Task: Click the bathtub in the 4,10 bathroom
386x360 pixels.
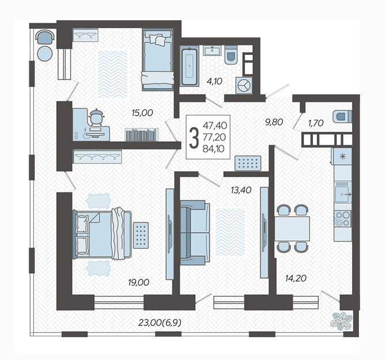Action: [190, 66]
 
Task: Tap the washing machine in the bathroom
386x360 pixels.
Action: [244, 86]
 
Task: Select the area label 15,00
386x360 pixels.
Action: [142, 113]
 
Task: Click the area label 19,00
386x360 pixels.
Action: [139, 282]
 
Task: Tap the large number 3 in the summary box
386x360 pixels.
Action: [194, 138]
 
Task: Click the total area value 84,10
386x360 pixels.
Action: [213, 149]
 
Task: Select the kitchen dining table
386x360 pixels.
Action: [292, 229]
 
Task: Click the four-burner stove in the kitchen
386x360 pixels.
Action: [342, 218]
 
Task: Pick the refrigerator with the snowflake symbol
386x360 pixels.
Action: [342, 156]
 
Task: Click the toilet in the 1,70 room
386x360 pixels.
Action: [342, 116]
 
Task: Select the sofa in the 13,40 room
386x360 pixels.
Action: [195, 233]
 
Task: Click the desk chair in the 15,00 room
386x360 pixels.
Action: [96, 117]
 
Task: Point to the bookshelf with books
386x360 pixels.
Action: [141, 135]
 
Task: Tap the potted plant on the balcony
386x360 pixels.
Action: [342, 321]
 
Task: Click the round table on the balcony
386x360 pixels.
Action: [45, 53]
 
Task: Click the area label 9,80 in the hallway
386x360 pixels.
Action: [274, 122]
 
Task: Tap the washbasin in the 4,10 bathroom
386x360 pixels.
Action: [212, 51]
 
